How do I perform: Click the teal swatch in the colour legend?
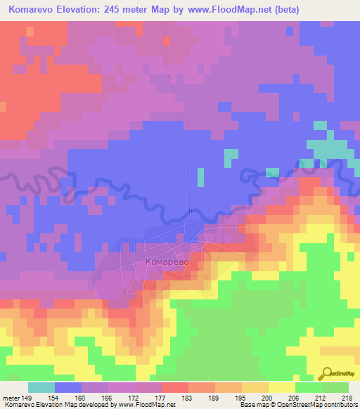pos(41,387)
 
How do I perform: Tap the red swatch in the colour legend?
pos(175,387)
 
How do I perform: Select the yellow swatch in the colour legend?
pos(282,387)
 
